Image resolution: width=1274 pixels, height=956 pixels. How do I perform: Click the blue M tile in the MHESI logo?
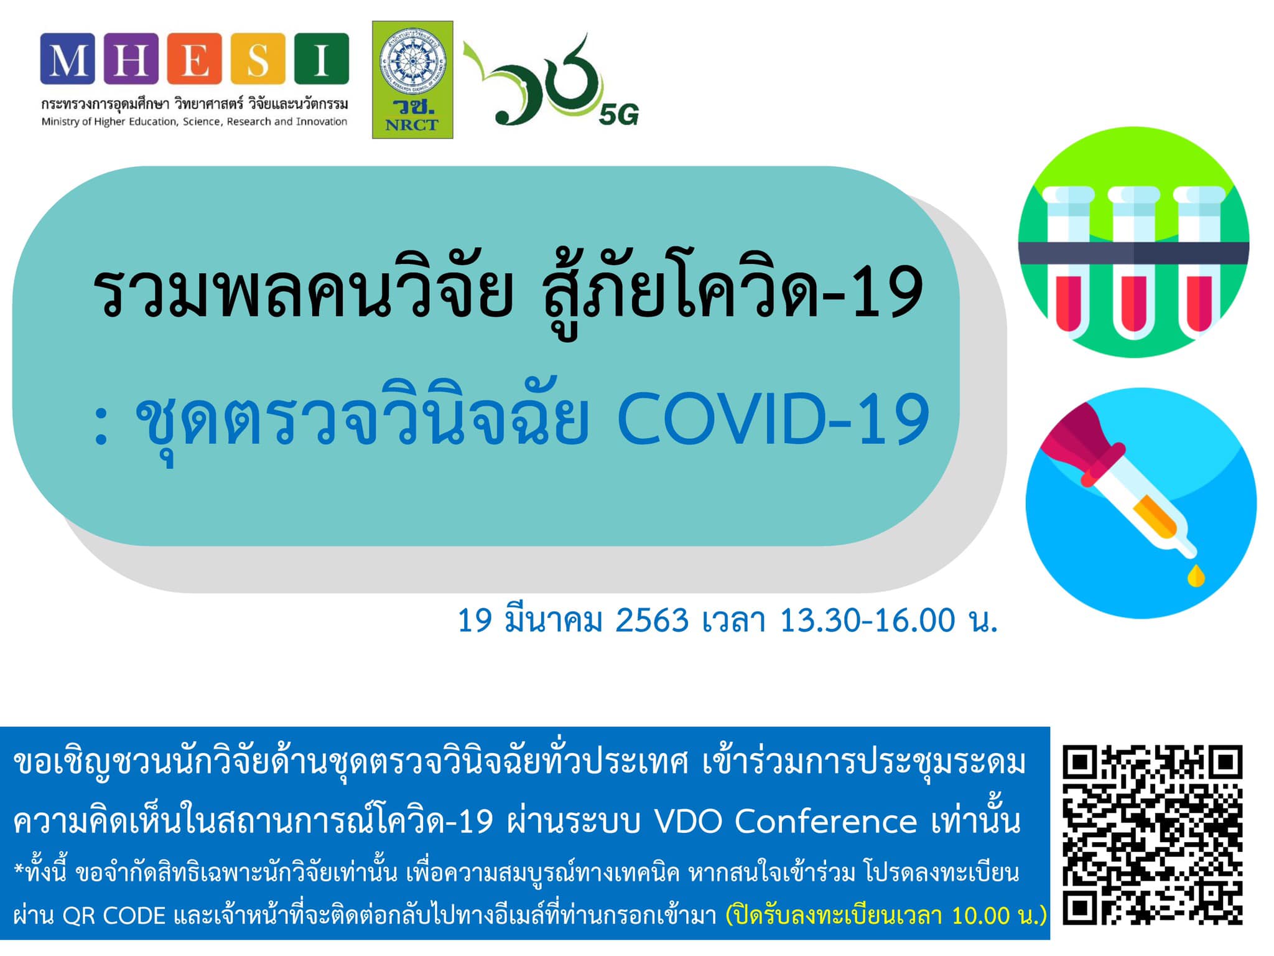pyautogui.click(x=68, y=59)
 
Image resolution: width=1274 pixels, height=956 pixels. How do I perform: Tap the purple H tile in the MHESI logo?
pyautogui.click(x=131, y=59)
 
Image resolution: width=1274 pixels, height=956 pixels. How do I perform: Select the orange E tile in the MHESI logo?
pyautogui.click(x=194, y=59)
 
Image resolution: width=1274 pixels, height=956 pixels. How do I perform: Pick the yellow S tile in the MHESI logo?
pyautogui.click(x=258, y=59)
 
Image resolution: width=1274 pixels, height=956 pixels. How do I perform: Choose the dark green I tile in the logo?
pyautogui.click(x=321, y=59)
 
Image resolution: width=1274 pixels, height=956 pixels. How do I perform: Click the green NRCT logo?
pyautogui.click(x=412, y=80)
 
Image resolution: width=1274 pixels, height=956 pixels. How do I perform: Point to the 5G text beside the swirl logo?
pyautogui.click(x=619, y=115)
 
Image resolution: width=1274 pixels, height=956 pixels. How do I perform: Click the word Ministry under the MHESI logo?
pyautogui.click(x=60, y=122)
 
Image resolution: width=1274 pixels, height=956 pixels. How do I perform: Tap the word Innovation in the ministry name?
pyautogui.click(x=322, y=121)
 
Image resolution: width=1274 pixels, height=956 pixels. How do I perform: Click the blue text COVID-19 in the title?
pyautogui.click(x=773, y=419)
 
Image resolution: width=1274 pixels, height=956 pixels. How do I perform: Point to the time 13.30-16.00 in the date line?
pyautogui.click(x=867, y=621)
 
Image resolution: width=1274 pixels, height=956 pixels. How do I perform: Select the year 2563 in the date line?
pyautogui.click(x=652, y=621)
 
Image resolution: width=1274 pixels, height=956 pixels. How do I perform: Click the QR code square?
pyautogui.click(x=1152, y=835)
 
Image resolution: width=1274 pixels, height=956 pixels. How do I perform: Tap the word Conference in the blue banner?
pyautogui.click(x=826, y=822)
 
